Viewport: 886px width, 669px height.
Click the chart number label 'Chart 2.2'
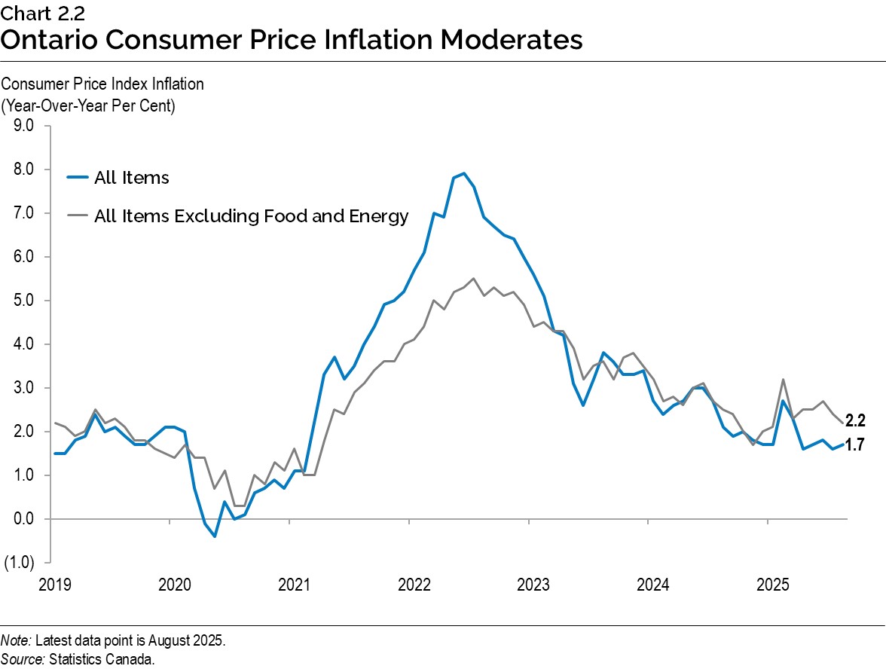click(35, 13)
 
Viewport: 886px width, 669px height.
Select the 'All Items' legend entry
click(131, 178)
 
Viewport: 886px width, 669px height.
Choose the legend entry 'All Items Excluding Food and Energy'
click(251, 216)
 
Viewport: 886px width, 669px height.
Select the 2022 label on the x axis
click(414, 585)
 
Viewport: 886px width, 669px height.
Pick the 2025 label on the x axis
click(772, 585)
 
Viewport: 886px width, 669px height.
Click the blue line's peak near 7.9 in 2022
click(463, 173)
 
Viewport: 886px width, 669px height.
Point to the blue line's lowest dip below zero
click(215, 536)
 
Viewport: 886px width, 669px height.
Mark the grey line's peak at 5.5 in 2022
click(473, 279)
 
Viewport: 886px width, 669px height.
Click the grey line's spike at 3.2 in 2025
click(784, 380)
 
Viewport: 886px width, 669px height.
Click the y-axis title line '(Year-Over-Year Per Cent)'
click(89, 105)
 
